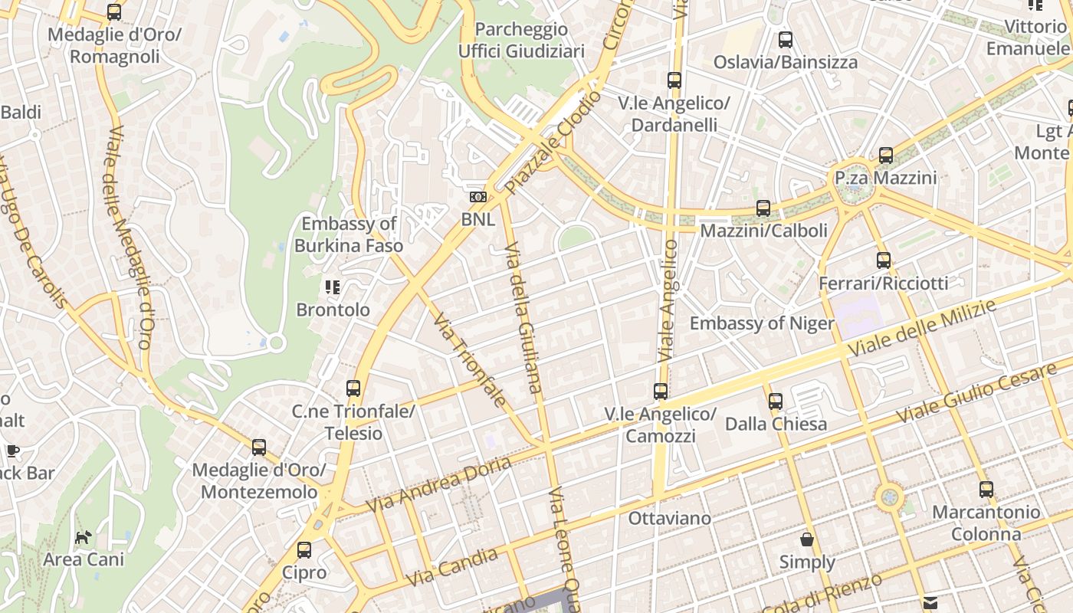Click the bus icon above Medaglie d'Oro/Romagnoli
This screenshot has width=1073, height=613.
pos(114,12)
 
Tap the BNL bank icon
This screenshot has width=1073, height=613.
pos(478,198)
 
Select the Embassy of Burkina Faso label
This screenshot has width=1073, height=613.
pos(349,234)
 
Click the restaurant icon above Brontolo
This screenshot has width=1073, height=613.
pos(333,287)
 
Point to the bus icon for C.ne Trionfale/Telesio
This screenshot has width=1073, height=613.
pos(353,388)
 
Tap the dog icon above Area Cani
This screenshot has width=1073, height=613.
pos(83,537)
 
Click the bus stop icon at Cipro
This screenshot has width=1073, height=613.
pos(304,549)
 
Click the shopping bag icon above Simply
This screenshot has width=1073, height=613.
pos(807,539)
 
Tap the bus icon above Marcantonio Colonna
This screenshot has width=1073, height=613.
pos(986,489)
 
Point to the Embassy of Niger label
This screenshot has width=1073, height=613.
pos(761,323)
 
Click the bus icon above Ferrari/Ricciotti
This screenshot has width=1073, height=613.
pos(884,261)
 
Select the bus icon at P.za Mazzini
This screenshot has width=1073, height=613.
pos(886,156)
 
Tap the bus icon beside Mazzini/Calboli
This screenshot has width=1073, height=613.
pos(763,208)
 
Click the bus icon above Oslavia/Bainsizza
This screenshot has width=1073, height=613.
pos(786,40)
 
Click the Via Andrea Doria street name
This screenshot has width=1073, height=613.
pos(438,486)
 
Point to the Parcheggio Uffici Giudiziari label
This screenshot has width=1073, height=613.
pos(521,41)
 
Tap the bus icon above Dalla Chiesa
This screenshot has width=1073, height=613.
pos(776,401)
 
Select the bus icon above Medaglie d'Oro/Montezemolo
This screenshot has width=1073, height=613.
pos(259,447)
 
